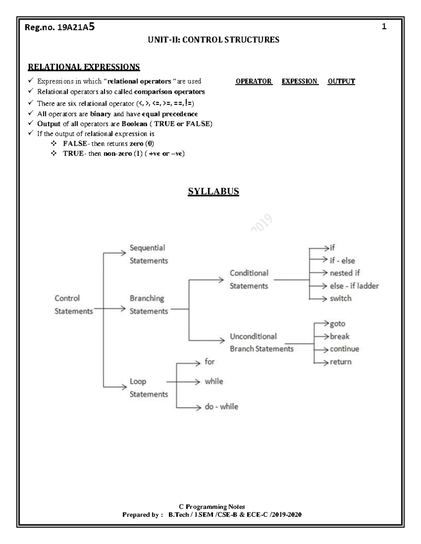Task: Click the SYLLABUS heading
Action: tap(213, 192)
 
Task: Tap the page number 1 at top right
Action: tap(384, 27)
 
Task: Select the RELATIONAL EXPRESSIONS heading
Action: tap(84, 67)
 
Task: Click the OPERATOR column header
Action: tap(254, 81)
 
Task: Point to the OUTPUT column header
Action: tap(341, 81)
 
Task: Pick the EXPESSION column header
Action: tap(300, 81)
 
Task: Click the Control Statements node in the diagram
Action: tap(73, 304)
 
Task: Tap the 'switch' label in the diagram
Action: tap(340, 298)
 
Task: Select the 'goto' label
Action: tap(338, 324)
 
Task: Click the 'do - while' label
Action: tap(221, 407)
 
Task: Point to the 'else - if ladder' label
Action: tap(354, 286)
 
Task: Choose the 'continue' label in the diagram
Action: tap(344, 349)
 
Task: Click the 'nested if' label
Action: tap(345, 273)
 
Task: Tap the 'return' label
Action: tap(340, 362)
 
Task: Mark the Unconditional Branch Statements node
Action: tap(261, 343)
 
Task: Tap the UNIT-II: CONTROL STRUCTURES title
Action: tap(213, 40)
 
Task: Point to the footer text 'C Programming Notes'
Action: tap(212, 507)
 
